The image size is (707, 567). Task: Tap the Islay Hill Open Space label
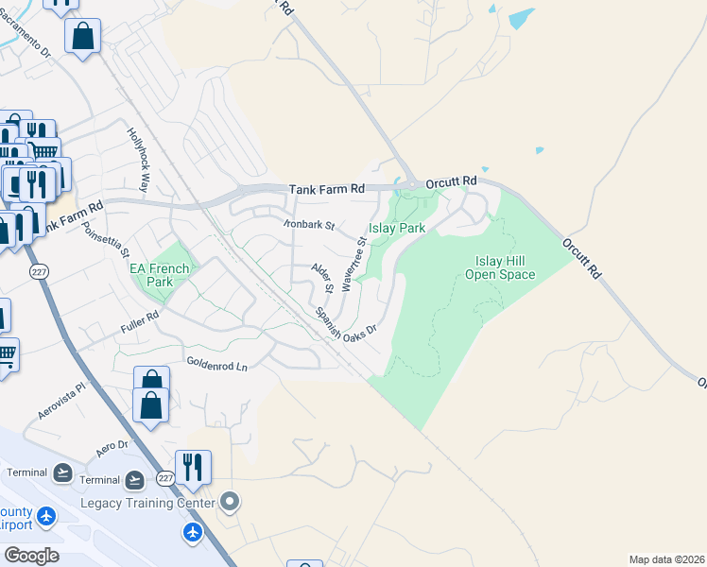500,267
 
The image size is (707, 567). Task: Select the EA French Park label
159,275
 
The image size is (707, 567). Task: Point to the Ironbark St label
310,225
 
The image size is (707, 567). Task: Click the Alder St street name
324,277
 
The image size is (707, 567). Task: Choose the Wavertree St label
354,265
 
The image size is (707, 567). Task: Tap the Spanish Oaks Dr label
347,322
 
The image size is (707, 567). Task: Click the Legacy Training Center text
147,504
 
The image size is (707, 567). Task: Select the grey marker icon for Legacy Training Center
229,501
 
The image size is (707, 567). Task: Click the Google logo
31,555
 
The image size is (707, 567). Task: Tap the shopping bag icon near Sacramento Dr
82,38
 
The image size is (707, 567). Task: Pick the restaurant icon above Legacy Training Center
193,467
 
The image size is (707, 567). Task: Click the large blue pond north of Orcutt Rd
521,18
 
